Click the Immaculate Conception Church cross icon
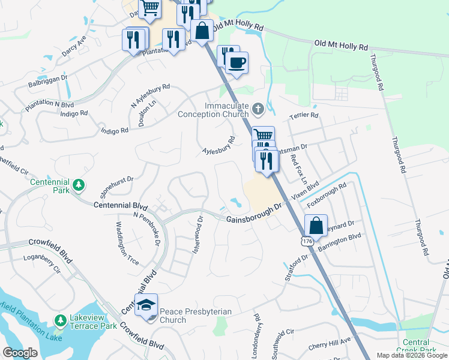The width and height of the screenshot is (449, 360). [258, 109]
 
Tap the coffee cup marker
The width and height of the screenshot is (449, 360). [237, 62]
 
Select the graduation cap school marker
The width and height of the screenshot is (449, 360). [146, 305]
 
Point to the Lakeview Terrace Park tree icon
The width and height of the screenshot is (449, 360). [59, 321]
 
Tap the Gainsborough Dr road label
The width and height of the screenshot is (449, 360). [254, 214]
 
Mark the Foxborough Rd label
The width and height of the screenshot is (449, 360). [327, 195]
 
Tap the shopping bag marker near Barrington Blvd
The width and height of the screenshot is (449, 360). [316, 226]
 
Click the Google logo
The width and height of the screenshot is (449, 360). [20, 353]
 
